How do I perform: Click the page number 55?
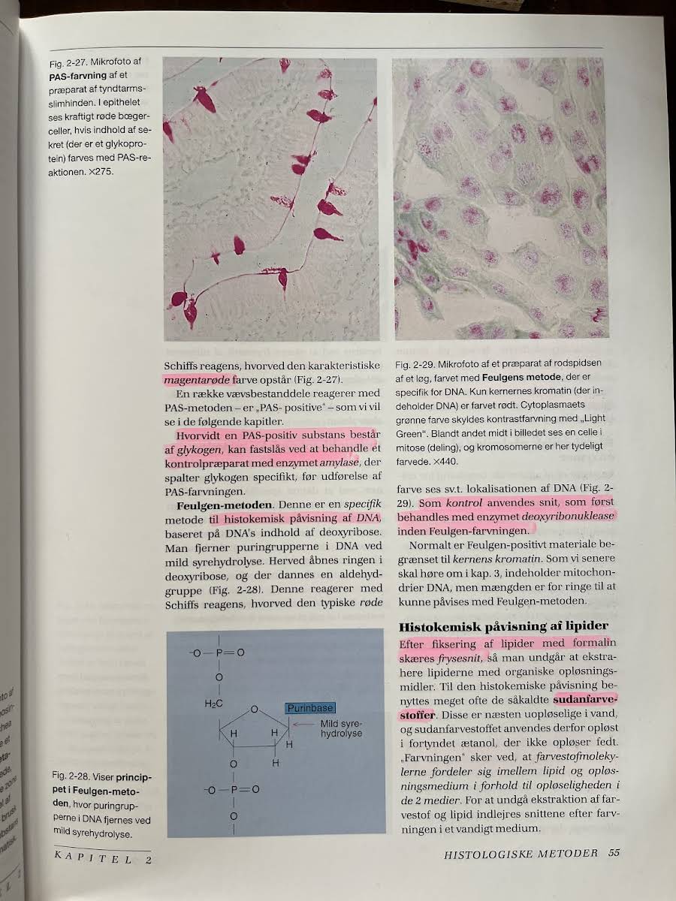(x=614, y=853)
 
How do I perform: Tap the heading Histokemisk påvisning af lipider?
(x=503, y=626)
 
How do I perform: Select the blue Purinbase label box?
(x=309, y=707)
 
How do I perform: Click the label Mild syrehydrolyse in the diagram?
(x=341, y=728)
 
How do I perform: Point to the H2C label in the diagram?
(x=214, y=704)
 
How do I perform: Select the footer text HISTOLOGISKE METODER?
(x=521, y=853)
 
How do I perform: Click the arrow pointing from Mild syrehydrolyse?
(x=303, y=723)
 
